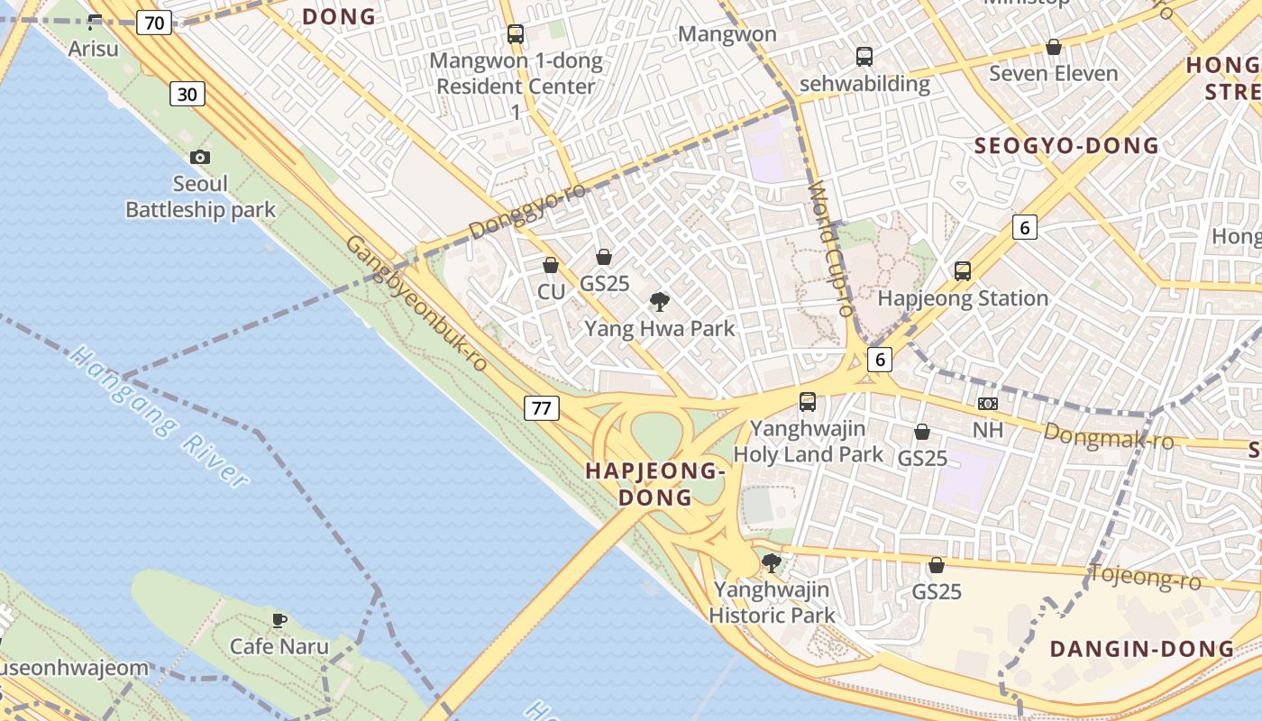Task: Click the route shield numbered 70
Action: (154, 23)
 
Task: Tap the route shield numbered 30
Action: (187, 94)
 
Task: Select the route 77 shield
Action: (541, 408)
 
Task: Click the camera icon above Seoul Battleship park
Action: (200, 158)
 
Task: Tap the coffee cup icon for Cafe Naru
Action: (279, 620)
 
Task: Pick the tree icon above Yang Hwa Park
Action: (660, 302)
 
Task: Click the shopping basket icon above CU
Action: (551, 266)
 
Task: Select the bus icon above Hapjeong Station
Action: (963, 271)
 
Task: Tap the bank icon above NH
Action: (988, 404)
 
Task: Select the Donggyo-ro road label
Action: (527, 212)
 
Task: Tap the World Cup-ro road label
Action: (831, 249)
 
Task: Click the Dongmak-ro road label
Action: (1109, 436)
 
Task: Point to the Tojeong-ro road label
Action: (1145, 577)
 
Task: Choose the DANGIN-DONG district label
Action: (1141, 649)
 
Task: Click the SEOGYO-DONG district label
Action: (1066, 145)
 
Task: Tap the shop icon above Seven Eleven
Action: (1053, 47)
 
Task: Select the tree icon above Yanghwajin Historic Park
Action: (771, 564)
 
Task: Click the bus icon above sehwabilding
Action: (864, 57)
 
